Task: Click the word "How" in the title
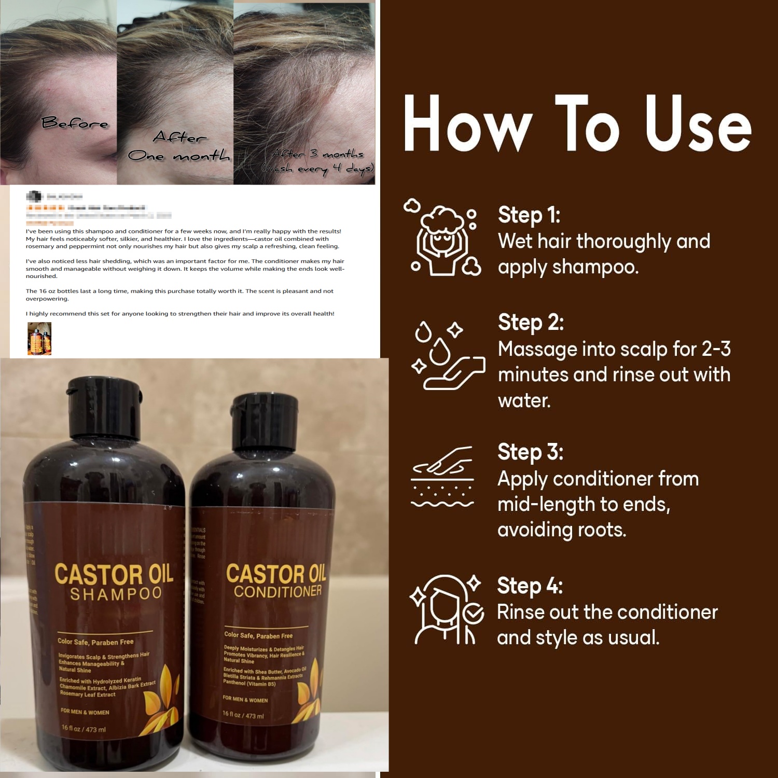(x=467, y=124)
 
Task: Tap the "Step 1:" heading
(x=529, y=215)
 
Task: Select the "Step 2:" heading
(x=530, y=323)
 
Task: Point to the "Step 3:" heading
(x=530, y=452)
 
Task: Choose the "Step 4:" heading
(x=530, y=586)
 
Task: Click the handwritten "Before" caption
(x=75, y=123)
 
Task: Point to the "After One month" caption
(x=179, y=147)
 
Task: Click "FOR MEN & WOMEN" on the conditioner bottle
(x=245, y=700)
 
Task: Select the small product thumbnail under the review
(x=39, y=338)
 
